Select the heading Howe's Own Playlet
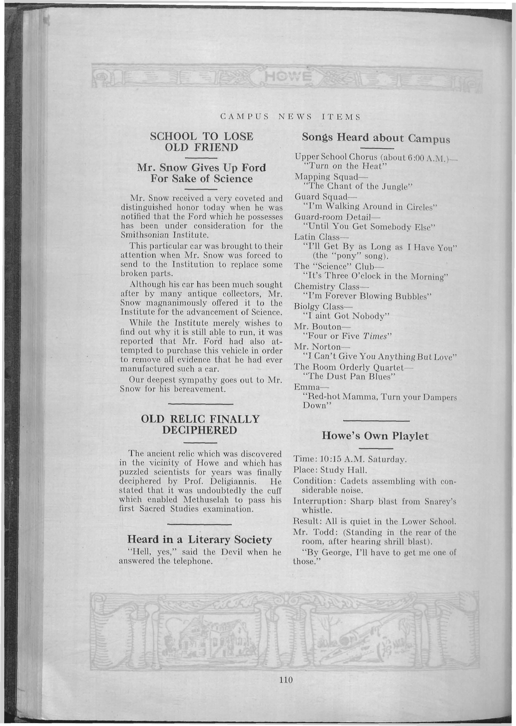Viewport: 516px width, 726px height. point(375,436)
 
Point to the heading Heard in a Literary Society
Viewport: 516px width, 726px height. point(200,539)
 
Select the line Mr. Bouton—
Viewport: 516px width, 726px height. point(320,326)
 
